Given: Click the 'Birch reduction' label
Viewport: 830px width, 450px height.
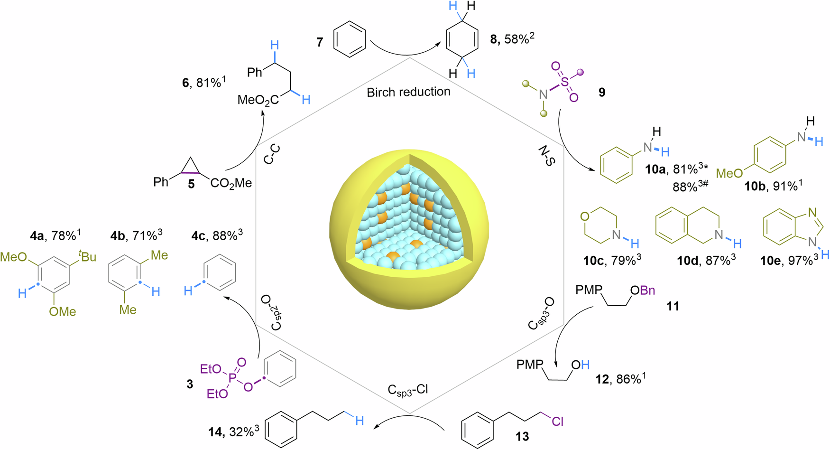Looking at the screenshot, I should (408, 92).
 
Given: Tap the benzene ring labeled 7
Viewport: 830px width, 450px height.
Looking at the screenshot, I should (350, 39).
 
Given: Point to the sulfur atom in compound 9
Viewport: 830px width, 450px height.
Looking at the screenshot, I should (564, 82).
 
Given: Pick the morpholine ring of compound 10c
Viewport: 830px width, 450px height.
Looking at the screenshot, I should (600, 225).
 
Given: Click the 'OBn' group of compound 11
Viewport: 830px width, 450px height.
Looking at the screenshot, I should (643, 291).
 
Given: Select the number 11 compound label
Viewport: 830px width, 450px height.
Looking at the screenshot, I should (673, 306).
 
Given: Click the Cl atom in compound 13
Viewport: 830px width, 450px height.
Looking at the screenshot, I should (558, 421).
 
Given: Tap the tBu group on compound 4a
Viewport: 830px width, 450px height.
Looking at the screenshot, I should (87, 257).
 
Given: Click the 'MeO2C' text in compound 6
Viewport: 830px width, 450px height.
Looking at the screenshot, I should (258, 100).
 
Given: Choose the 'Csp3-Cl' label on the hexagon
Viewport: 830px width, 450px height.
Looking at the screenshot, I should (408, 390).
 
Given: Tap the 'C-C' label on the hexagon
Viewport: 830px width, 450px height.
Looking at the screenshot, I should (272, 155).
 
